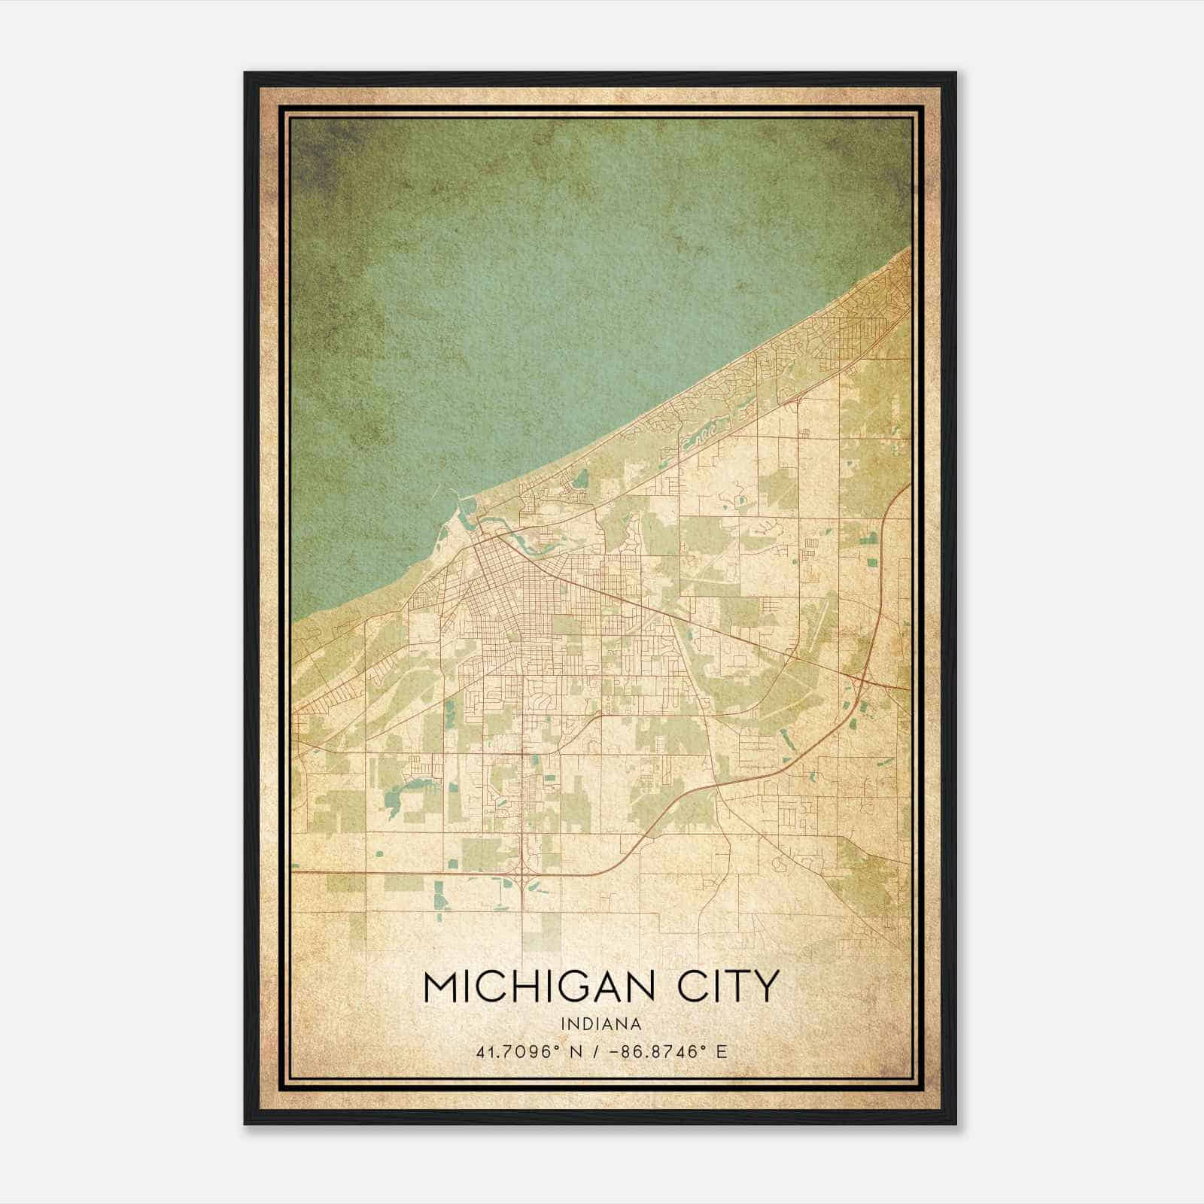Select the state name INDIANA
click(601, 1024)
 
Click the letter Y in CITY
click(765, 987)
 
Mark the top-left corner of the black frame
click(245, 73)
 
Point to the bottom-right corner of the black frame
click(956, 1124)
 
